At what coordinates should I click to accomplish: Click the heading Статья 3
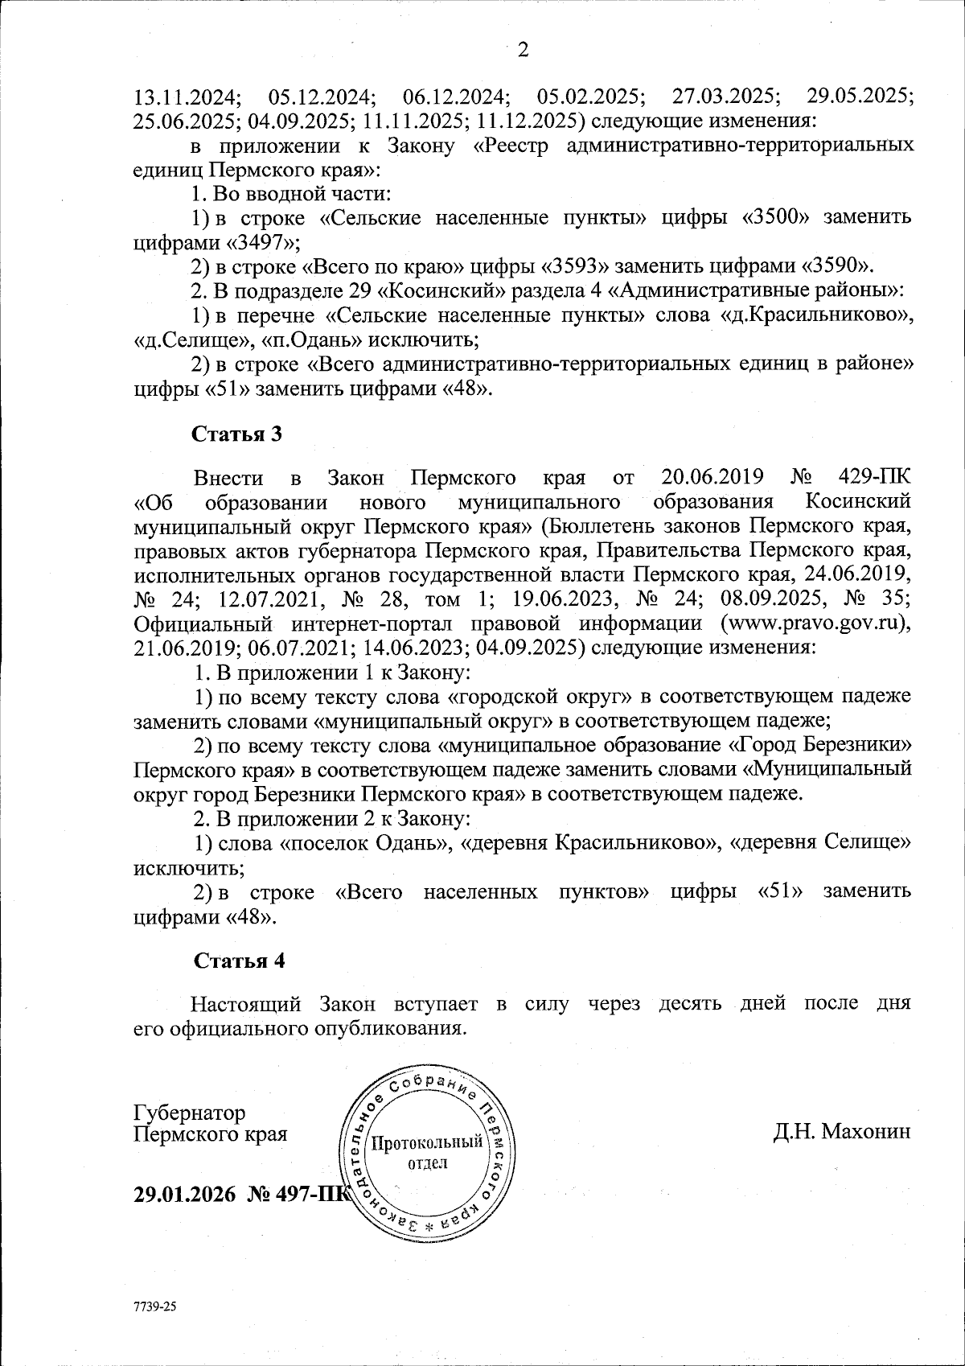click(237, 434)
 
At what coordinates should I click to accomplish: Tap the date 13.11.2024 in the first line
click(187, 97)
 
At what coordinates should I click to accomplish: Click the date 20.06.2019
click(710, 477)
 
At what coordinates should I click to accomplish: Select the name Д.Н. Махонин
click(842, 1132)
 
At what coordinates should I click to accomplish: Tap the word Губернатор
click(190, 1113)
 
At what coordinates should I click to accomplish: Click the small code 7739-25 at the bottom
click(155, 1306)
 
